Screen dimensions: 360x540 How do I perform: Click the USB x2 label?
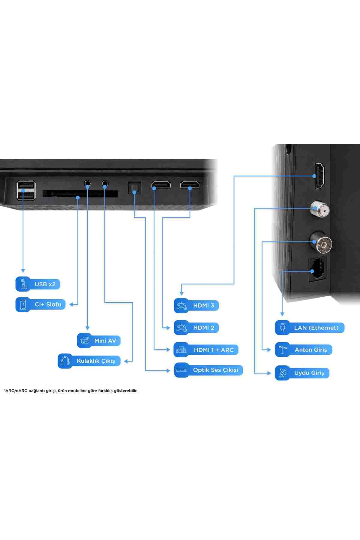click(x=38, y=284)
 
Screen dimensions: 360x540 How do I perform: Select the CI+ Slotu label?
click(x=40, y=304)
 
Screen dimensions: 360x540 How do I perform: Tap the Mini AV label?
click(x=99, y=340)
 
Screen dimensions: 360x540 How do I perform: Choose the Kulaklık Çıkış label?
click(x=89, y=361)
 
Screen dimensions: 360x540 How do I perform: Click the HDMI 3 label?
click(x=196, y=305)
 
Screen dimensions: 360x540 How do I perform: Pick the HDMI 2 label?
click(x=196, y=328)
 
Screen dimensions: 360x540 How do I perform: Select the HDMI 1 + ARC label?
click(x=206, y=350)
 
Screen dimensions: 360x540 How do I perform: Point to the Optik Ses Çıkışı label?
click(x=208, y=370)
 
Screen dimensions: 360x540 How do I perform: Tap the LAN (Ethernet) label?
click(x=310, y=328)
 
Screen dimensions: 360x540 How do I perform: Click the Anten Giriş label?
click(x=304, y=349)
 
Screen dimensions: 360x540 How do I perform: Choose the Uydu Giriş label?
click(x=302, y=373)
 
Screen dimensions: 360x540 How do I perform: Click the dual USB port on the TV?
click(x=26, y=190)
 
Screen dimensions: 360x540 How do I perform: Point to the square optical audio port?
click(x=134, y=188)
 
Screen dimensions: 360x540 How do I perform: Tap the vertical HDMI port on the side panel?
click(x=319, y=176)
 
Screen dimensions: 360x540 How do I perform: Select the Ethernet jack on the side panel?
click(x=317, y=269)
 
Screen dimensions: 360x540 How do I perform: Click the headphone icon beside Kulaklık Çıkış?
click(x=65, y=361)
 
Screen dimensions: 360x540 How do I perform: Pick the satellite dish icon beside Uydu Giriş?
click(x=283, y=373)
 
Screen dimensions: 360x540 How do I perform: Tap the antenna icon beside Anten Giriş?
click(x=283, y=349)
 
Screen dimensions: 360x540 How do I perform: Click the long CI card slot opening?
click(x=80, y=194)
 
